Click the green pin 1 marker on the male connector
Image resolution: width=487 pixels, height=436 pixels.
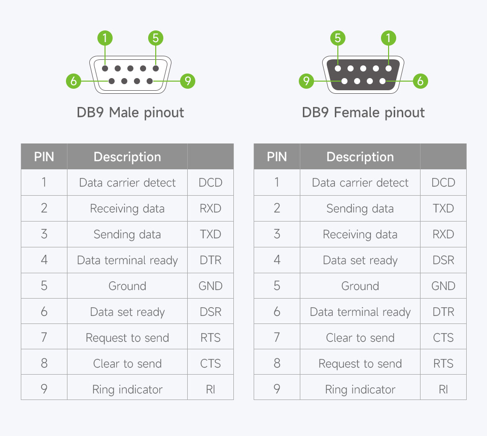[x=105, y=38]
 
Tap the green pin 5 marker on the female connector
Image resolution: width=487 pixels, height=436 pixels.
[x=338, y=38]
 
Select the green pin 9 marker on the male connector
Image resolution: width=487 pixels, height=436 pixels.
[x=188, y=81]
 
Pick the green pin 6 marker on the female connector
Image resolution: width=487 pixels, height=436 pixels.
[x=420, y=81]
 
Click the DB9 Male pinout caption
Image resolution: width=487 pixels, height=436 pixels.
[x=130, y=113]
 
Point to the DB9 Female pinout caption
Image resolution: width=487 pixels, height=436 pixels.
[x=363, y=113]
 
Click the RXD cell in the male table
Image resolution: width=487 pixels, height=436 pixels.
[x=210, y=208]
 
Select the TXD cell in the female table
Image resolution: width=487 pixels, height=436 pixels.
[x=443, y=208]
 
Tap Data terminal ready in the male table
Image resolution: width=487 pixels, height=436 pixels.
[x=127, y=260]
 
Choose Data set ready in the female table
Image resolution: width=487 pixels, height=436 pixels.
[x=360, y=260]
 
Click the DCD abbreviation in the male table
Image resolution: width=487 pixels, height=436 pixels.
[x=210, y=183]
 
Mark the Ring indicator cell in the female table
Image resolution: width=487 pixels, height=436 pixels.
[x=360, y=389]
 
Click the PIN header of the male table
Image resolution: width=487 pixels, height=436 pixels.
[x=44, y=157]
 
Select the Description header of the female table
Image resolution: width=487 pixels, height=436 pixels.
[x=360, y=157]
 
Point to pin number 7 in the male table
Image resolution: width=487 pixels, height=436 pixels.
[x=44, y=337]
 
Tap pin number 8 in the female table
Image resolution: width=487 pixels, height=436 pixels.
[x=277, y=363]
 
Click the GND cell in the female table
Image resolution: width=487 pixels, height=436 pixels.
[x=443, y=286]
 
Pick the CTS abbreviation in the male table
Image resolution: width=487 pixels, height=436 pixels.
[x=210, y=364]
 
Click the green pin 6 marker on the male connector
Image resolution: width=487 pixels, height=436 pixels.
[x=74, y=81]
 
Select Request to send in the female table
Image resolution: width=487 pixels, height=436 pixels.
[x=360, y=364]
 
